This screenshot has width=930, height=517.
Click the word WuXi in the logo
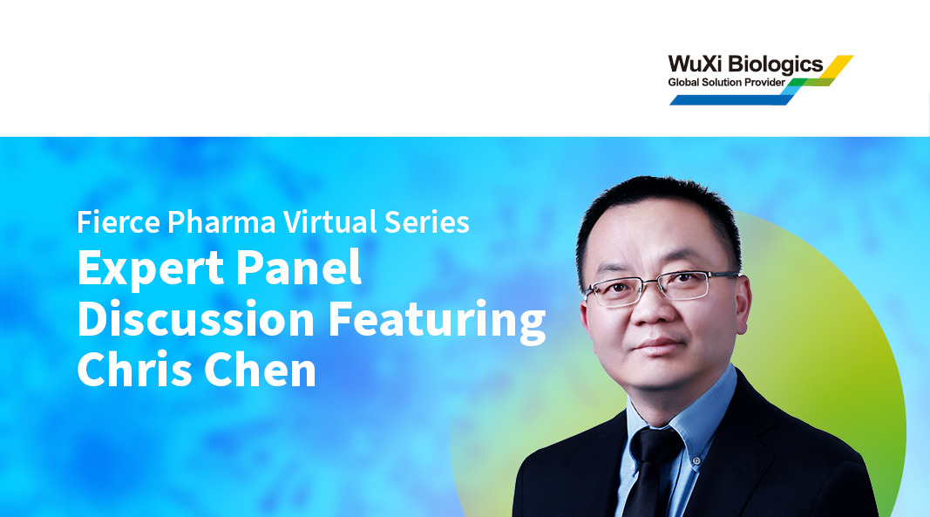(x=690, y=64)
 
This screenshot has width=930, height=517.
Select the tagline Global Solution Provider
(x=726, y=82)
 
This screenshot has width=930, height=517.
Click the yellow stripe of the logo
(x=838, y=65)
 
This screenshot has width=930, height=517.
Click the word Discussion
(x=196, y=319)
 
